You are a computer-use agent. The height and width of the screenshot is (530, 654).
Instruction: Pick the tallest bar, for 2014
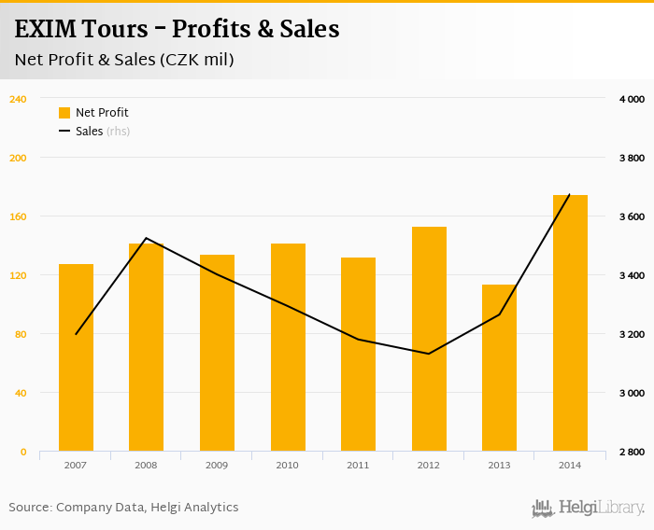point(570,323)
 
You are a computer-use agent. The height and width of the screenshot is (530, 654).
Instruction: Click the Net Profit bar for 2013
point(499,368)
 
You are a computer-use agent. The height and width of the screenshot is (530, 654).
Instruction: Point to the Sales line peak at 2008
point(147,238)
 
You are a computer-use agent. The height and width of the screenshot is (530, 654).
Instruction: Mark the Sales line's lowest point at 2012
point(429,354)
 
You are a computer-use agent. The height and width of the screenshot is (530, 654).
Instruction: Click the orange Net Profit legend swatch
point(64,113)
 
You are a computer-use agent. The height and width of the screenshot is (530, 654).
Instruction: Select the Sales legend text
point(90,132)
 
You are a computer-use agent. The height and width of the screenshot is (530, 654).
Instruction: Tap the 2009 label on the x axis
point(217,465)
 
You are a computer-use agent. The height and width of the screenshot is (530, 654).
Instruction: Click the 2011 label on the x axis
point(358,465)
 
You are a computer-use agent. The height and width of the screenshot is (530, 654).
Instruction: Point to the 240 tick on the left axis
point(19,99)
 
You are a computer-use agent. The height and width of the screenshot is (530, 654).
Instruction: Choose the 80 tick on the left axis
point(21,334)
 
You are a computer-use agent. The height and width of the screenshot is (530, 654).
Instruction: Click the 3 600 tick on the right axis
point(632,216)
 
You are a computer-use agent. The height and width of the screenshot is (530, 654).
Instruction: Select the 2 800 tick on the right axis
point(632,452)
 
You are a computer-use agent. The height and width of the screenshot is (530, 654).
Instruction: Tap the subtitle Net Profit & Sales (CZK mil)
point(124,60)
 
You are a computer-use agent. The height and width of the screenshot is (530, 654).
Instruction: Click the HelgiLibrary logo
point(588,508)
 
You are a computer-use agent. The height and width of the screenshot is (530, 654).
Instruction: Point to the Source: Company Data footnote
point(123,508)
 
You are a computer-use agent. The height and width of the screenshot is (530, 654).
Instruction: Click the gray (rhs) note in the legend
point(119,132)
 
